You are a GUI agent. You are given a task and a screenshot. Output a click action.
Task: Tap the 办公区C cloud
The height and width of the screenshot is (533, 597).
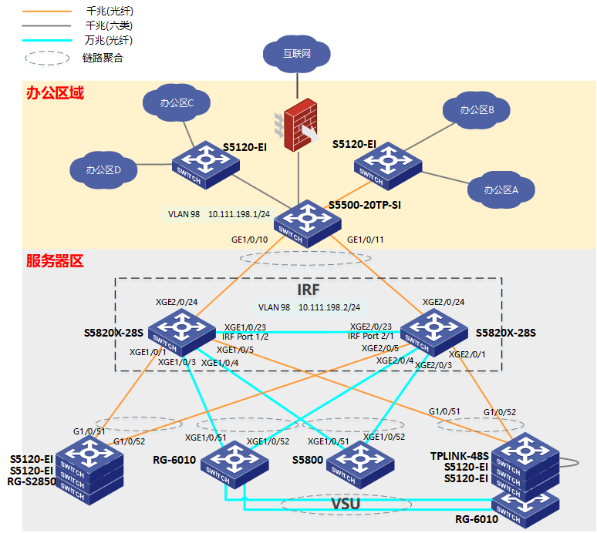tap(177, 102)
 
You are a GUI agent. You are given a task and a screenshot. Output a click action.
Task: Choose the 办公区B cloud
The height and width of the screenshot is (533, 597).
tap(476, 110)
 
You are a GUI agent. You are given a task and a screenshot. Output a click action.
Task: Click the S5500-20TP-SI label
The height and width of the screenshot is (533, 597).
tap(364, 206)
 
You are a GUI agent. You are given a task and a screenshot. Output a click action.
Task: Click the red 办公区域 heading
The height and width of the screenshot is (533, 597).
tap(55, 93)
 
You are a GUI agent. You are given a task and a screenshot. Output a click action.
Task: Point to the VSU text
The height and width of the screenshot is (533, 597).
tap(346, 504)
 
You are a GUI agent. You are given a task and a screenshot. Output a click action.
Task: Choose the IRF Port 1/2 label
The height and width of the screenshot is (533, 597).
tap(245, 337)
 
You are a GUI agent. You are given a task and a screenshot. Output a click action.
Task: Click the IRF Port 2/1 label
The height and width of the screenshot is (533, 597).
tap(370, 336)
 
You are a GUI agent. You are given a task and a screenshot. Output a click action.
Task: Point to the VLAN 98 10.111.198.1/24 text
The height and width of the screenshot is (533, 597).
tap(218, 214)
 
